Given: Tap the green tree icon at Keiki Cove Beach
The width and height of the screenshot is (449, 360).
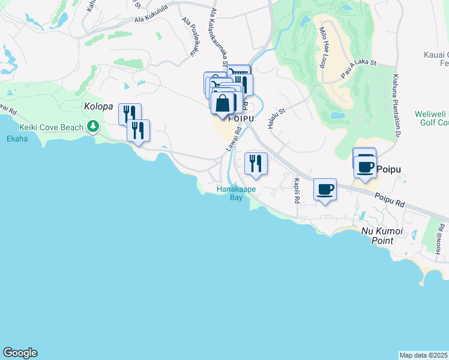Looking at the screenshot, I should click(x=93, y=126).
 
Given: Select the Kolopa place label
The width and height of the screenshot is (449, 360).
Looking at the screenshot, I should click(x=98, y=106).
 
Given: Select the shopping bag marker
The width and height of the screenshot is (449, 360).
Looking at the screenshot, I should click(x=223, y=103).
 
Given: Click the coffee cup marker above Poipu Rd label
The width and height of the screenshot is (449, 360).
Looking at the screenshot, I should click(x=325, y=190).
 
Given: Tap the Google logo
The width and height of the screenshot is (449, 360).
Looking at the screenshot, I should click(x=20, y=353).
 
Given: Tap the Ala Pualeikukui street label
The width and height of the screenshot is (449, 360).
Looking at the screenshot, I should click(x=190, y=37).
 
